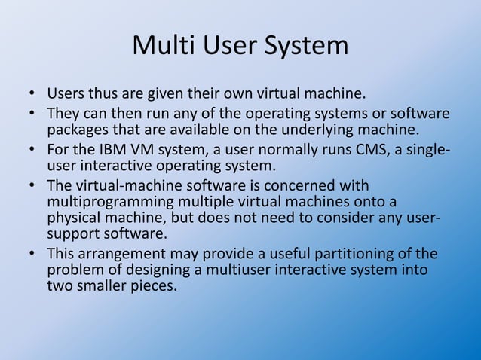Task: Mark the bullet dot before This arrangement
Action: [x=32, y=253]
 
